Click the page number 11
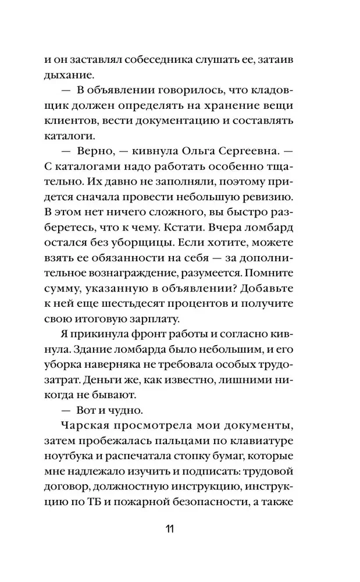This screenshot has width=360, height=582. click(170, 529)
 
